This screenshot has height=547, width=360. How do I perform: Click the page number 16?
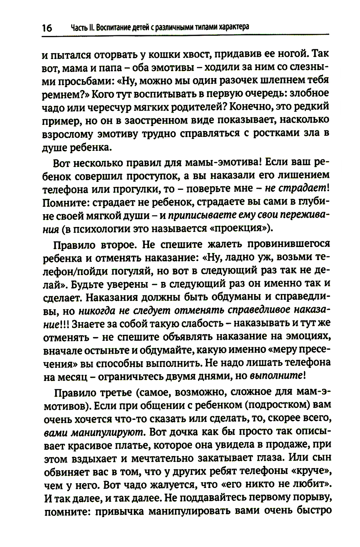pos(47,28)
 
